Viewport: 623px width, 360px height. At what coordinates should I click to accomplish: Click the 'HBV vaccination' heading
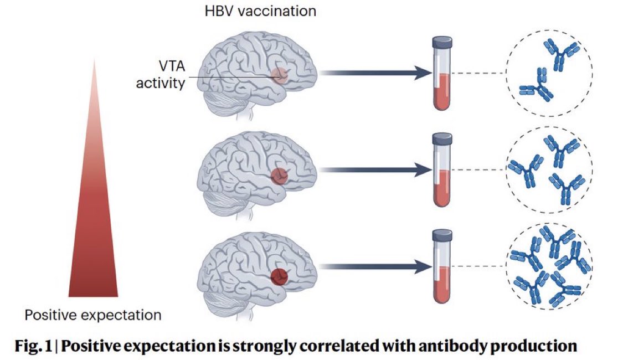click(x=260, y=11)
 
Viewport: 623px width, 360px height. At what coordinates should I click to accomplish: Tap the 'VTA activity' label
click(x=161, y=74)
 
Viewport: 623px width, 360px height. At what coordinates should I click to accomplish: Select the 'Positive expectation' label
click(x=93, y=315)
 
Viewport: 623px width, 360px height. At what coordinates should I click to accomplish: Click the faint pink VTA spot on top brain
click(x=280, y=75)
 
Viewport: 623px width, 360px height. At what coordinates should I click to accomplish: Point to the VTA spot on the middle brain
click(x=279, y=176)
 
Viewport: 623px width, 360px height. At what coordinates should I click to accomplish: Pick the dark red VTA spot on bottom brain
click(x=279, y=276)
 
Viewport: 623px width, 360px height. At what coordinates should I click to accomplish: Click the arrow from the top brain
click(x=375, y=73)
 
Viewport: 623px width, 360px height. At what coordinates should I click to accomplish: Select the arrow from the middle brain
click(x=375, y=169)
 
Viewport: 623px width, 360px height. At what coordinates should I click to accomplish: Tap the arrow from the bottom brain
click(x=375, y=266)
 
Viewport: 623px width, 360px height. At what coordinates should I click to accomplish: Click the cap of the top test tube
click(x=442, y=42)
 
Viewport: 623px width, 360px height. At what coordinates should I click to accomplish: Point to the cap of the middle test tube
click(x=442, y=138)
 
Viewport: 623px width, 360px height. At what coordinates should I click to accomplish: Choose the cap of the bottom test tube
click(x=442, y=235)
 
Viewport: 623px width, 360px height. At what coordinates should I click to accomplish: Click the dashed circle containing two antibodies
click(x=506, y=73)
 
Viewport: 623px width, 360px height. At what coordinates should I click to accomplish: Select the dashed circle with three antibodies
click(x=506, y=169)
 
